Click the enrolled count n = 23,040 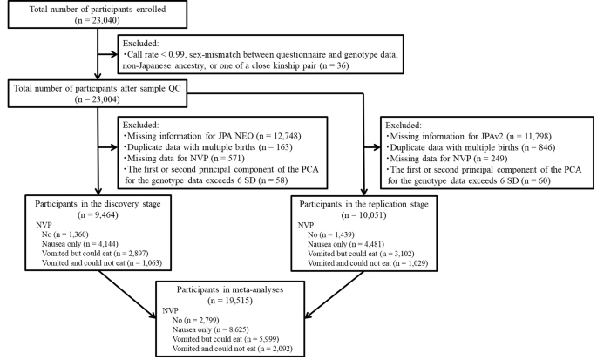[x=97, y=20]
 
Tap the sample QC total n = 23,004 [x=97, y=99]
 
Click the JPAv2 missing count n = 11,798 [x=530, y=136]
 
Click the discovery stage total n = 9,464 [x=98, y=214]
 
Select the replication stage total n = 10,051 [x=364, y=215]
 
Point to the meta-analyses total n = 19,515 [x=230, y=301]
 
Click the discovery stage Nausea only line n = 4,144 [x=80, y=244]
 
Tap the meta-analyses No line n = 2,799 [x=196, y=320]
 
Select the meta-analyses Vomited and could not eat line [x=233, y=349]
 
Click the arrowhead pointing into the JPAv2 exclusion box [x=377, y=147]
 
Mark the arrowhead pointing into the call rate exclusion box [x=114, y=54]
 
